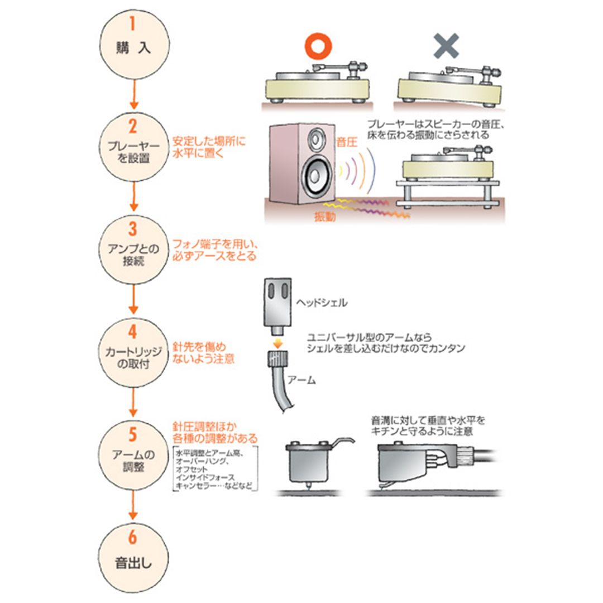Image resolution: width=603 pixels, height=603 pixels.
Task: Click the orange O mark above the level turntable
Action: click(x=317, y=47)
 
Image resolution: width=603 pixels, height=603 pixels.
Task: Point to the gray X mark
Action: click(x=446, y=46)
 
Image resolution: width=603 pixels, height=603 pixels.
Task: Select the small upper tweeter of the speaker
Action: click(x=314, y=138)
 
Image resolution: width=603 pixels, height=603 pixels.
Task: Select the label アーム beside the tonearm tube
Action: click(x=300, y=380)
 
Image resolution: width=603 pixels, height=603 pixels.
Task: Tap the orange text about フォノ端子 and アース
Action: click(x=215, y=251)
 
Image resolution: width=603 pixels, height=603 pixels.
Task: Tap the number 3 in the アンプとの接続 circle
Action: click(x=133, y=229)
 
